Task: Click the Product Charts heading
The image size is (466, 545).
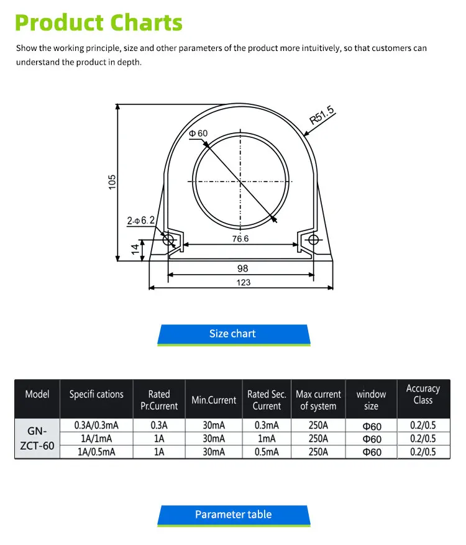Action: [x=99, y=22]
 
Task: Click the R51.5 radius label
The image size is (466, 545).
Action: [x=321, y=116]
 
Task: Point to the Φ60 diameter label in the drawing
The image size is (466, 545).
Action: [x=198, y=134]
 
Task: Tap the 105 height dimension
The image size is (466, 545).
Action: [x=112, y=181]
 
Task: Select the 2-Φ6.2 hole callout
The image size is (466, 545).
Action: [x=140, y=221]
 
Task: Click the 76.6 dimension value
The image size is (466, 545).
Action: [x=240, y=239]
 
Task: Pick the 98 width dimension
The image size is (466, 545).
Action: [x=242, y=268]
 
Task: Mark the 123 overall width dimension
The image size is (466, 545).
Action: [x=244, y=283]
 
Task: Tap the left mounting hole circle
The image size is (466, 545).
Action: [x=167, y=240]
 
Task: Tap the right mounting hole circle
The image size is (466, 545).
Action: [x=313, y=240]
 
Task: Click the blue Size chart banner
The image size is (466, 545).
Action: [x=233, y=334]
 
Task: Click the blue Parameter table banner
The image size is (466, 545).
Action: [x=233, y=515]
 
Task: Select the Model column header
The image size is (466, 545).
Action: [x=37, y=394]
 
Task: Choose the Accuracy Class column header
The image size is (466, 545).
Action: [x=423, y=394]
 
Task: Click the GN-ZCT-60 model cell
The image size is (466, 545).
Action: [x=37, y=438]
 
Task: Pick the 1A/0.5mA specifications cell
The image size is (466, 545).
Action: [x=96, y=452]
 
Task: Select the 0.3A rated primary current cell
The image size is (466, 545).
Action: [x=159, y=426]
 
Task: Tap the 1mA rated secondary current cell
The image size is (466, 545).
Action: [x=267, y=439]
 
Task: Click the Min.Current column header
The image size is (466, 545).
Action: [x=214, y=400]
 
